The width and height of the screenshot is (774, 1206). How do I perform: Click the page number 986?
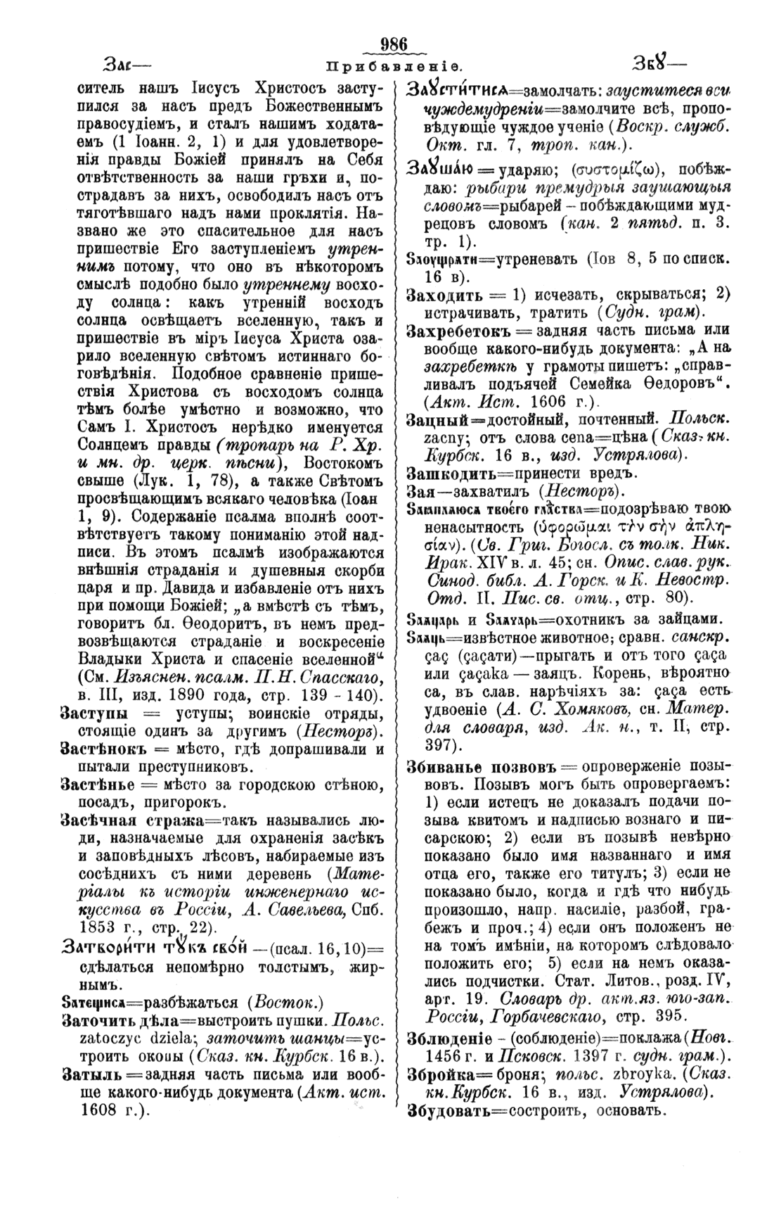(x=393, y=44)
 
